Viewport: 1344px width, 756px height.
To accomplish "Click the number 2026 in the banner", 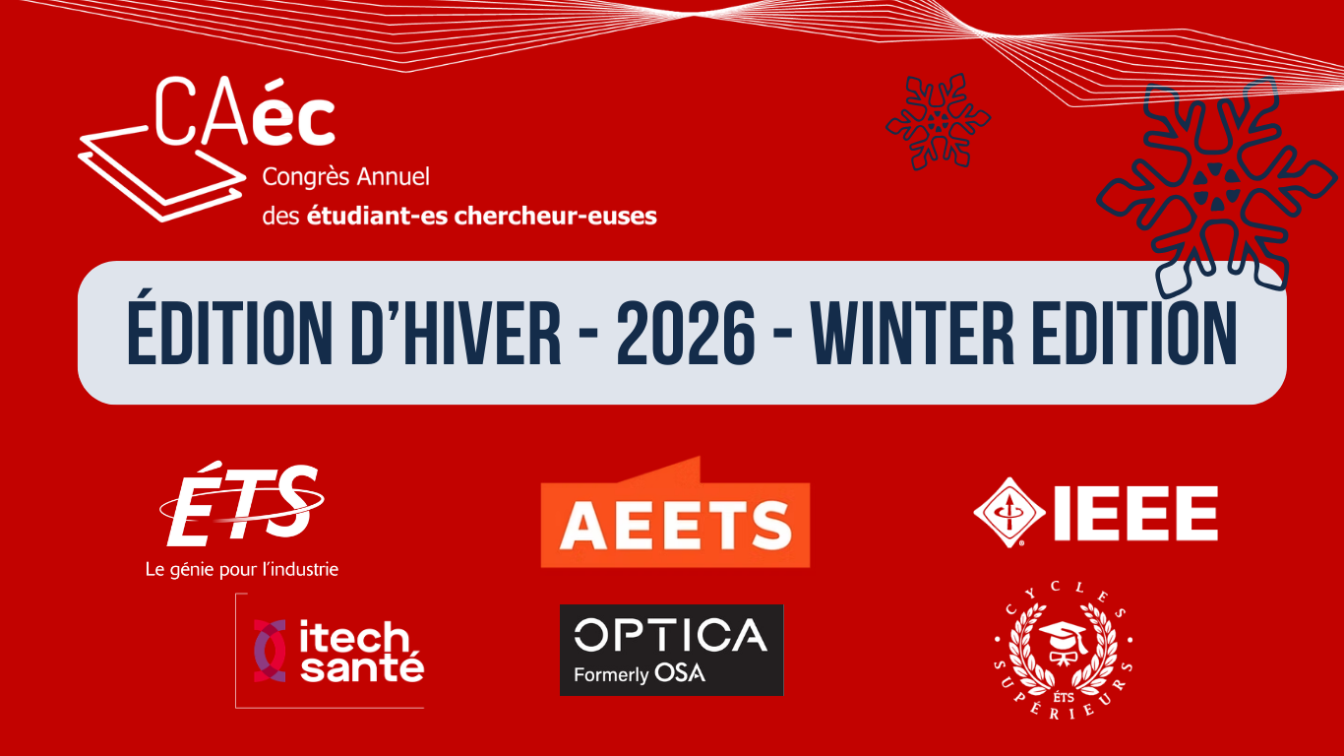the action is tap(686, 334).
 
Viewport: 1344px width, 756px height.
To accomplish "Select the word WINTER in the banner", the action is tap(912, 334).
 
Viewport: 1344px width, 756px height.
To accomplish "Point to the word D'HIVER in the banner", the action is tap(456, 334).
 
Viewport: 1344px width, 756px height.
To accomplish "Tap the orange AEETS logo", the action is tap(675, 512).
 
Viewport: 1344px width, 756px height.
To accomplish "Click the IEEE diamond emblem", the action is tap(1009, 512).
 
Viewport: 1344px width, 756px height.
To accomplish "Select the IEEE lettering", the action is tap(1136, 514).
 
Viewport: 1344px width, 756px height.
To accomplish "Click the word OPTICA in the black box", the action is tap(671, 635).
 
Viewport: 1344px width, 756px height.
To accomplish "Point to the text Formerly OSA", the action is tap(640, 673).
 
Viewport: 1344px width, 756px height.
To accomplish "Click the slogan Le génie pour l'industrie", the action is tap(242, 569).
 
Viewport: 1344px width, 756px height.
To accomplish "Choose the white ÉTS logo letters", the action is tap(242, 504).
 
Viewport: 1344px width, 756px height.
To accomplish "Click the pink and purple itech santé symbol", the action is tap(270, 651).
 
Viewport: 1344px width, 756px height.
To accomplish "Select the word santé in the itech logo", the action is tap(362, 667).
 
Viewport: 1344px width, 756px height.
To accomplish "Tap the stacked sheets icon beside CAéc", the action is tap(160, 174).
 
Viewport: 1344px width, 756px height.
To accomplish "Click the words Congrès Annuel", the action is tap(346, 177).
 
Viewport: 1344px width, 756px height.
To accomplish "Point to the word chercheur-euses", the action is tap(556, 217).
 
